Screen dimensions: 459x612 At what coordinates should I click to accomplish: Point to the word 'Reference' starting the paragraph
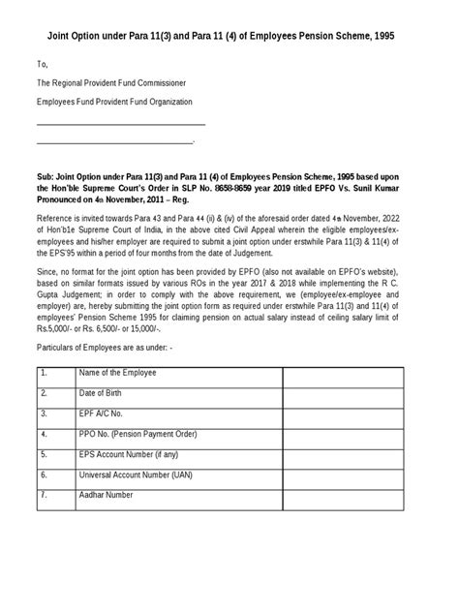pyautogui.click(x=55, y=220)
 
